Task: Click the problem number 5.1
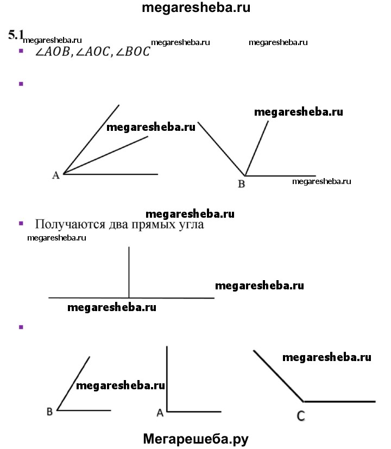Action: [x=16, y=35]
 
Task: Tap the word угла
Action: [x=190, y=224]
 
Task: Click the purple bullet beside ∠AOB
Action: [x=22, y=50]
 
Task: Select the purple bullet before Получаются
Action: [x=22, y=223]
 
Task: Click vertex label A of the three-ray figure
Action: [x=55, y=175]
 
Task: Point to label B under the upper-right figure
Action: [x=242, y=184]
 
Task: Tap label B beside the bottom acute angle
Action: [x=49, y=412]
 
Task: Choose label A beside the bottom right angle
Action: [x=160, y=413]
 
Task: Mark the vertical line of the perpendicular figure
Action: [x=129, y=271]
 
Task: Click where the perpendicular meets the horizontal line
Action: [x=129, y=298]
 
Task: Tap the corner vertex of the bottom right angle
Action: [x=167, y=411]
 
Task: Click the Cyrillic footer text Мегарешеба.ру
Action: [x=195, y=439]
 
